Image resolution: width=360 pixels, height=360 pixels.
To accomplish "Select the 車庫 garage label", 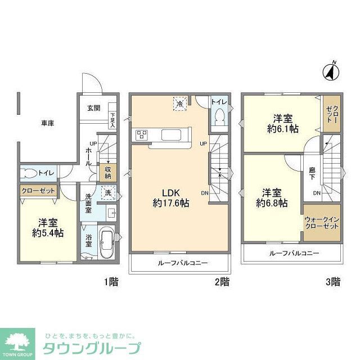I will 47,123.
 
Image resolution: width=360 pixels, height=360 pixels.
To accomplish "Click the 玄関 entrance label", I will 93,109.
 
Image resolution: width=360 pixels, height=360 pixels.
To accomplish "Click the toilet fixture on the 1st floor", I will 30,173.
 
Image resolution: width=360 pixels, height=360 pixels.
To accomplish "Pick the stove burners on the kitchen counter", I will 141,135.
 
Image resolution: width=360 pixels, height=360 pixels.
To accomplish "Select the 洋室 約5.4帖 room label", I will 47,227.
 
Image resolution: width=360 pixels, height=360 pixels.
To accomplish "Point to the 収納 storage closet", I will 107,172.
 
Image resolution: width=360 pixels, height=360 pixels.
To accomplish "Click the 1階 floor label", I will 110,282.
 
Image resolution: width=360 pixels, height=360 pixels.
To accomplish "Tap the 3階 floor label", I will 332,282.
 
